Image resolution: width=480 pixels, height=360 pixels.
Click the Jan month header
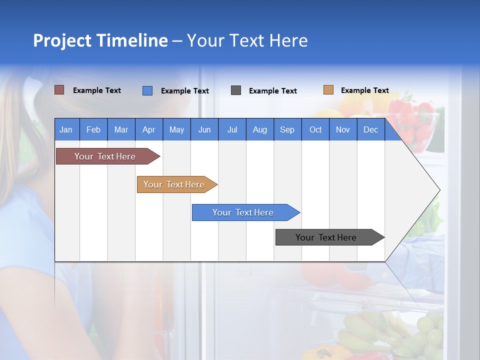pyautogui.click(x=66, y=129)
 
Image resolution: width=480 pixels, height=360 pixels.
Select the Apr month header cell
pyautogui.click(x=149, y=129)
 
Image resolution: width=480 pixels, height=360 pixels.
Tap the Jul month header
pyautogui.click(x=232, y=129)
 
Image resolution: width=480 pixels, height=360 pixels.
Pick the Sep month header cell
pyautogui.click(x=287, y=129)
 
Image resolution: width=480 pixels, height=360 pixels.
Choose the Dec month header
pyautogui.click(x=370, y=129)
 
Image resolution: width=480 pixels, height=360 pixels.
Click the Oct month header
pyautogui.click(x=315, y=129)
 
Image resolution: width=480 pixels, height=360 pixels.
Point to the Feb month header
pyautogui.click(x=93, y=129)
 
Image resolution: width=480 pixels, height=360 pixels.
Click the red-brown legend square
pyautogui.click(x=59, y=90)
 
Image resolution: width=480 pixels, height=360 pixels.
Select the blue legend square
pyautogui.click(x=147, y=90)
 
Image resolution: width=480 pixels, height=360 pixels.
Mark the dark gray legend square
pyautogui.click(x=236, y=90)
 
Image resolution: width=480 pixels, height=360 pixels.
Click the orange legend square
pyautogui.click(x=328, y=90)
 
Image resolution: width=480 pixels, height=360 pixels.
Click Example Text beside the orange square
pyautogui.click(x=364, y=90)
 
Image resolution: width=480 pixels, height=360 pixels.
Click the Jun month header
pyautogui.click(x=204, y=129)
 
